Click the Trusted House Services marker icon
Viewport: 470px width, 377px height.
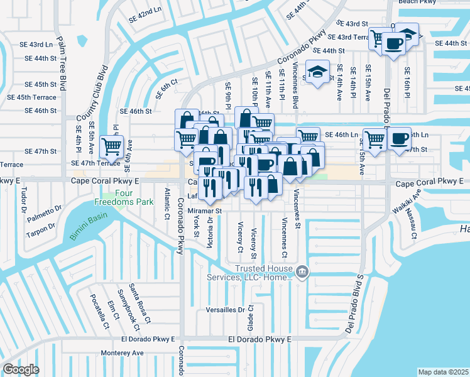302,271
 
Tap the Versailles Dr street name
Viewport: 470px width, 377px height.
225,310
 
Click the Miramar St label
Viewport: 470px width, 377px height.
205,211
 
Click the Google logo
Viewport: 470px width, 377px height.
21,369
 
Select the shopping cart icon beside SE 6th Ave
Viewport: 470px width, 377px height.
111,146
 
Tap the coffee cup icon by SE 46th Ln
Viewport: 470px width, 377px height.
400,138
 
